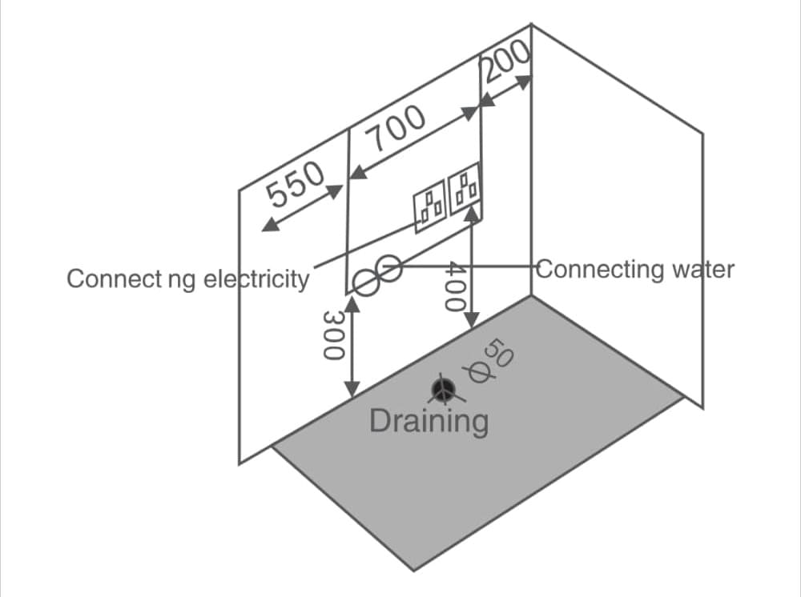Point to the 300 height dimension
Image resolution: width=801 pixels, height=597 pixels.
click(x=332, y=335)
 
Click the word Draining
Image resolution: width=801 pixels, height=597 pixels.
click(x=429, y=420)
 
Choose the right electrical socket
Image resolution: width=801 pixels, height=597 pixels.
click(x=465, y=192)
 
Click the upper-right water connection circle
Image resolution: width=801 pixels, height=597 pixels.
click(x=389, y=268)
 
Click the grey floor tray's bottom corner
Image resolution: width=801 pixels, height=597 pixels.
click(x=414, y=569)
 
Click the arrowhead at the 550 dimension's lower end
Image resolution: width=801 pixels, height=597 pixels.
click(x=270, y=225)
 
